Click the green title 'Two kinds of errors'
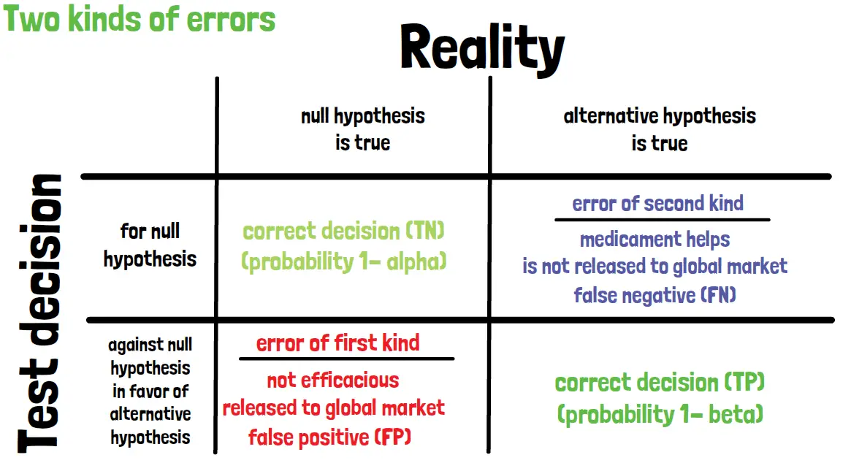tap(140, 19)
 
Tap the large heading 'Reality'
tap(483, 49)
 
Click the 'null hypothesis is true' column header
tap(362, 129)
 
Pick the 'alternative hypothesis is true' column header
tap(660, 129)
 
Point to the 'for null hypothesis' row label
tap(150, 245)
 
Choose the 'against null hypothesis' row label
tap(150, 391)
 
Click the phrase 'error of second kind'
tap(657, 204)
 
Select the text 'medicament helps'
tap(655, 240)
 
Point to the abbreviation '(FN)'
tap(719, 295)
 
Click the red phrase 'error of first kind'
tap(337, 343)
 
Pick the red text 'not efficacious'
tap(332, 380)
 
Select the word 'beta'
tap(736, 414)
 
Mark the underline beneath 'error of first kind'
tap(346, 359)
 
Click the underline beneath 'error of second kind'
tap(662, 220)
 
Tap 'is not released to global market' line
tap(655, 267)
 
